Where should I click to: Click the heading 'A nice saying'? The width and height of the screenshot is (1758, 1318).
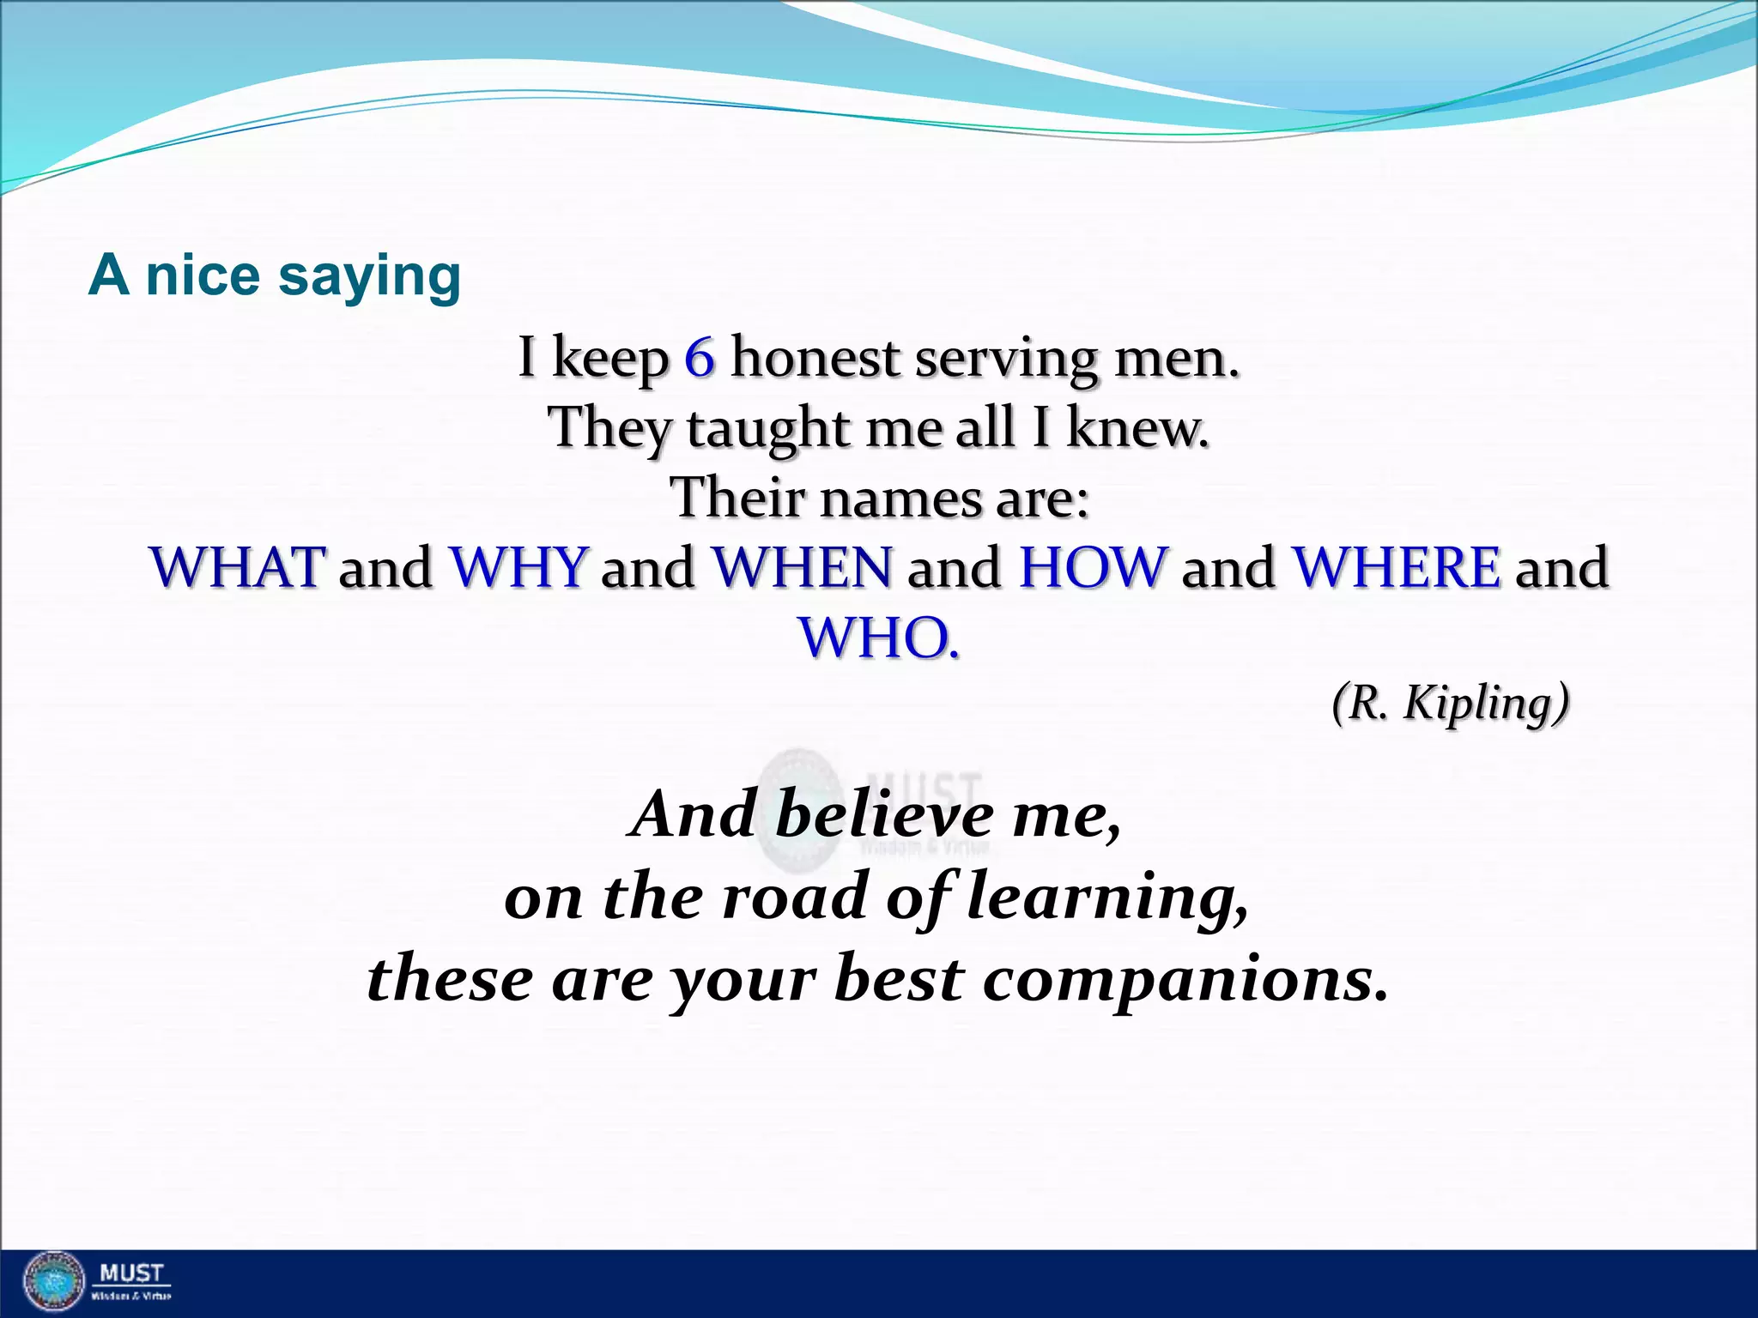(x=275, y=276)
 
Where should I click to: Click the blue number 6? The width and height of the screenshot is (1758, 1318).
(x=700, y=358)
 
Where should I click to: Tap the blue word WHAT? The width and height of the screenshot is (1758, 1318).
(x=238, y=567)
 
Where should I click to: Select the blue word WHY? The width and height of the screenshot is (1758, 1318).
(x=519, y=567)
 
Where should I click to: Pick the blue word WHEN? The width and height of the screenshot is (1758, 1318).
(x=803, y=567)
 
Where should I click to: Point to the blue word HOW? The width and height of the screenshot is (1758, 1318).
(x=1093, y=567)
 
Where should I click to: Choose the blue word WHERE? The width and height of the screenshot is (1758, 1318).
(x=1397, y=567)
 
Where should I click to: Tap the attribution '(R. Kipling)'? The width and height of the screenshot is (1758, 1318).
(x=1451, y=703)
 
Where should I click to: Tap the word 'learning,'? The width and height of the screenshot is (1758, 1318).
(x=1107, y=898)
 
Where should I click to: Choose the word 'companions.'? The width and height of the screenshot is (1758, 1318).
(x=1185, y=979)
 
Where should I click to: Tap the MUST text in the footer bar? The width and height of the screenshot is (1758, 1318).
(x=131, y=1273)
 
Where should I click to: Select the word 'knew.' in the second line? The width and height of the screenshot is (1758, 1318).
(x=1137, y=428)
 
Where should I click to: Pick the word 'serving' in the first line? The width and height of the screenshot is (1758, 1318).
(x=1005, y=358)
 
